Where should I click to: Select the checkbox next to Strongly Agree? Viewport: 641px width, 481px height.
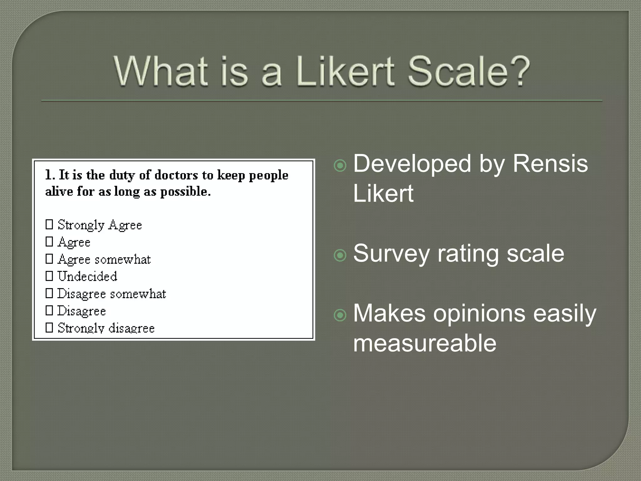pos(49,224)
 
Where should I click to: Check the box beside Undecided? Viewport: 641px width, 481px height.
pos(49,276)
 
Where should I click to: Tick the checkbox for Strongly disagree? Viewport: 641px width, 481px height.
pos(49,328)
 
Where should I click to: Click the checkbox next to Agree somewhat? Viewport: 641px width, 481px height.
pos(49,259)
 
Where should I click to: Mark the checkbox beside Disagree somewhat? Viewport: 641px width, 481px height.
pos(49,293)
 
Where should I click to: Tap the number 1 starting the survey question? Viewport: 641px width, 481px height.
pos(48,175)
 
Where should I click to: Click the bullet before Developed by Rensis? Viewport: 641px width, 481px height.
pos(340,165)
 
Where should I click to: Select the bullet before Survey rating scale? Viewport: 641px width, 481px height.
pos(340,255)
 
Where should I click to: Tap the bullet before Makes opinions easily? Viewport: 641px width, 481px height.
pos(340,315)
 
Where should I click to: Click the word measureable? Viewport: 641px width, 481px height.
pos(425,343)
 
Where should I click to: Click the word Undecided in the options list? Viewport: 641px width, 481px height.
pos(87,276)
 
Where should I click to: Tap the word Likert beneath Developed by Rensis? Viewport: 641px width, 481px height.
pos(383,194)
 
